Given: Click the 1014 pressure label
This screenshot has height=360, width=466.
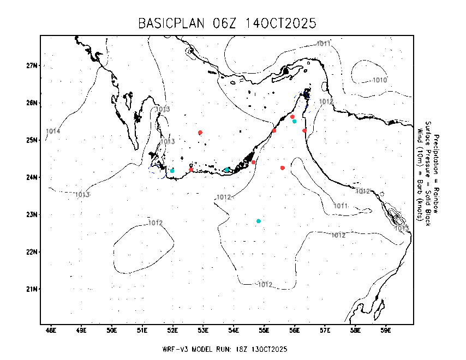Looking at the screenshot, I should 53,131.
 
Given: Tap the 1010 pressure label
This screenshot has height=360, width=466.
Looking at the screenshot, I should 380,80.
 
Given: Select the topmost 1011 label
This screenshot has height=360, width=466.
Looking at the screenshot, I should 324,44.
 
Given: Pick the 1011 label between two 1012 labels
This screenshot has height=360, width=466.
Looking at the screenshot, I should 340,206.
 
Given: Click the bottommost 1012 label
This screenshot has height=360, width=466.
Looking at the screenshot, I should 265,285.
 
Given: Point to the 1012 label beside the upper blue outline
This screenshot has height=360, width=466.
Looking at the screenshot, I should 326,101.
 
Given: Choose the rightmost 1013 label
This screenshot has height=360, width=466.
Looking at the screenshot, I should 402,228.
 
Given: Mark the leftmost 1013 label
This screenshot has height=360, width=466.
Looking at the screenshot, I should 82,195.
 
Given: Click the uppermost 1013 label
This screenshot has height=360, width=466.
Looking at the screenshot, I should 163,109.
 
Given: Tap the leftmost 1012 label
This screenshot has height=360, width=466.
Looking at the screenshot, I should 156,223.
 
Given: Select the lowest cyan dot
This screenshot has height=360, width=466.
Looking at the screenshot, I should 259,221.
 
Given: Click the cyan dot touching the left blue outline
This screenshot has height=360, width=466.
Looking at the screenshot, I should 172,171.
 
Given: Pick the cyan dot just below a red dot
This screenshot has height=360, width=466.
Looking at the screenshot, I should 294,121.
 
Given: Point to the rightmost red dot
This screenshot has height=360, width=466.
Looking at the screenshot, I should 304,130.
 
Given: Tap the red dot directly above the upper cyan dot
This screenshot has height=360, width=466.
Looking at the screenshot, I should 292,117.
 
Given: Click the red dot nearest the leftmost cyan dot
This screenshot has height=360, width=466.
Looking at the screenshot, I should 191,170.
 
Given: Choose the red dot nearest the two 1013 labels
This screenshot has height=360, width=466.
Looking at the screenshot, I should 200,133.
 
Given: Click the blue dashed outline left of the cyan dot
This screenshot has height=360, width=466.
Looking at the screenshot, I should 158,171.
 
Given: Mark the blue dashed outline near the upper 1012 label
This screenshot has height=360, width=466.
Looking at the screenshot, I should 303,102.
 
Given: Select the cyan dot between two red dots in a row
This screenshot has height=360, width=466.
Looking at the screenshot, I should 227,170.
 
